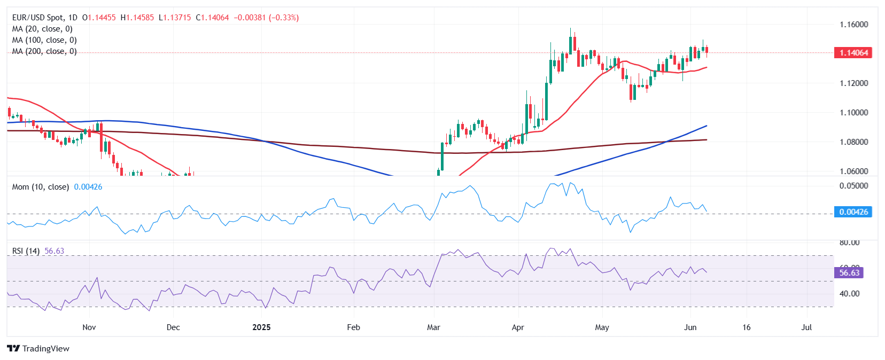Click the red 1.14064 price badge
pos(853,53)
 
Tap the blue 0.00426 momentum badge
pos(853,212)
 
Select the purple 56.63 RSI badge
pos(849,273)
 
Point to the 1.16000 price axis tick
pos(853,25)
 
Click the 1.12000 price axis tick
pos(853,83)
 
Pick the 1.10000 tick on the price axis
pos(853,113)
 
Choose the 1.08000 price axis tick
pos(853,142)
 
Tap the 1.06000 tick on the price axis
pos(853,171)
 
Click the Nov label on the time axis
pos(89,327)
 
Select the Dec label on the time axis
pos(173,327)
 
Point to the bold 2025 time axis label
pos(261,327)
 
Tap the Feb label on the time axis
pos(353,327)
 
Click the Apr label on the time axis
pos(518,327)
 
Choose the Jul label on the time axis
pos(806,327)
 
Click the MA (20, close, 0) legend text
pos(42,29)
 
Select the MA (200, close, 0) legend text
pos(44,51)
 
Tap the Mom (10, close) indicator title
pos(41,187)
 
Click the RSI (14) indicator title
pos(26,251)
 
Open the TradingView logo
pos(38,349)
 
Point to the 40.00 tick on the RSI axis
pos(849,294)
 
